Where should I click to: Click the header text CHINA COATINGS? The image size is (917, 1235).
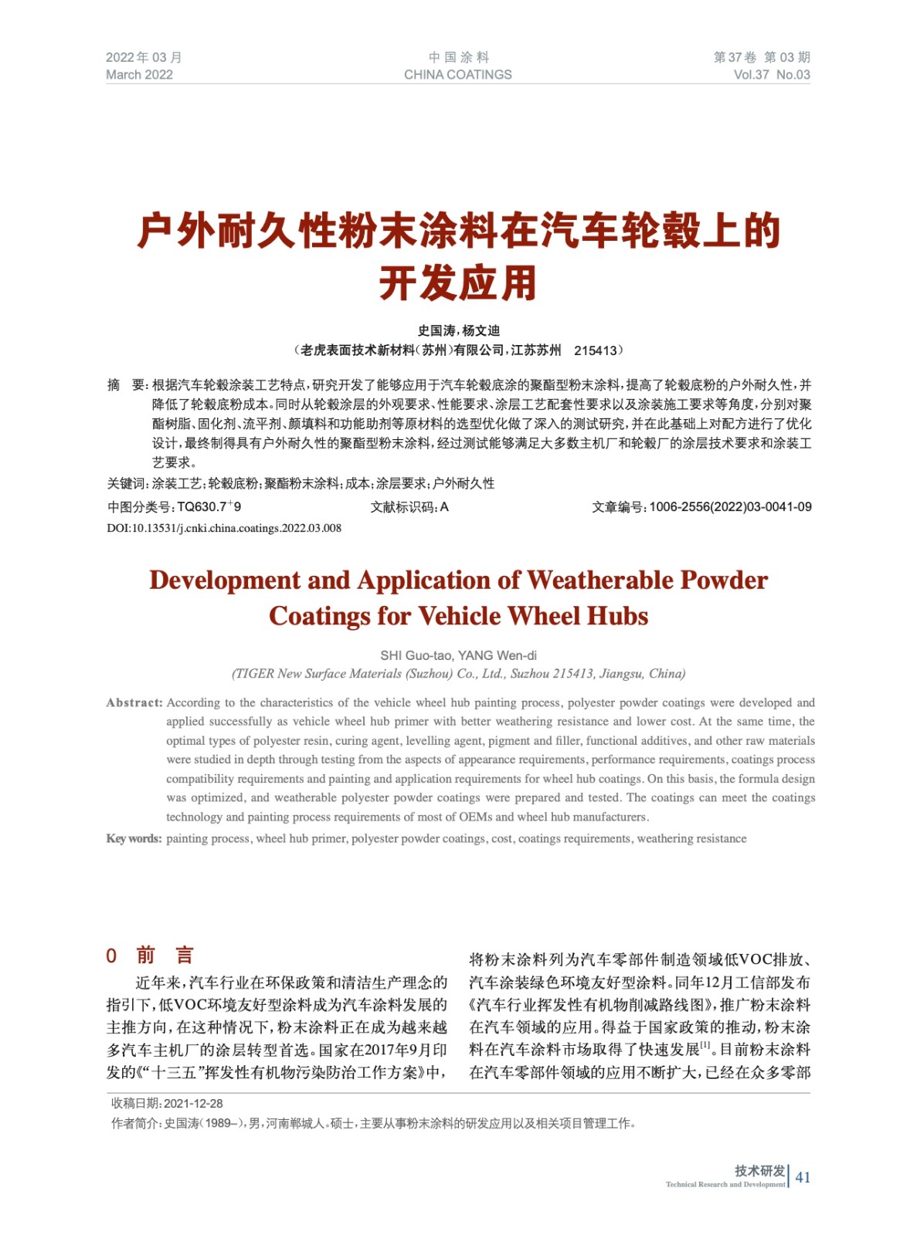coord(457,75)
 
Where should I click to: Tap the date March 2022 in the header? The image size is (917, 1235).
coord(139,75)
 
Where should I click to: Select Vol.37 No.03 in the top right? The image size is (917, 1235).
coord(771,75)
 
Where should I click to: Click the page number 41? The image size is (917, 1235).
coord(803,1177)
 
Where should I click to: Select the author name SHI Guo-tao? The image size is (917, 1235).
coord(416,655)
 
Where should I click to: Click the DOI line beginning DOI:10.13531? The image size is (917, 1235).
coord(224,528)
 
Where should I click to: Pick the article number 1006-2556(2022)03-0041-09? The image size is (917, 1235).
coord(730,507)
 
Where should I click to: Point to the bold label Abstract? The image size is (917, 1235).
coord(134,702)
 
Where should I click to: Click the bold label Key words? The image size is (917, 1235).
coord(134,838)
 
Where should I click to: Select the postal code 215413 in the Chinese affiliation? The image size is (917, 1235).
coord(595,350)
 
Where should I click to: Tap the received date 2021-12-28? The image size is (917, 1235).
coord(193,1104)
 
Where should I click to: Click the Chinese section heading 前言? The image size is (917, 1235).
coord(165,956)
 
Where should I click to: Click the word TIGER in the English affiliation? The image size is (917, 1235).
coord(255,674)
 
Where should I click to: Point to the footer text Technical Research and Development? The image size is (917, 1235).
coord(725,1184)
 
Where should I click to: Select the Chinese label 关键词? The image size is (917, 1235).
coord(127,484)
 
